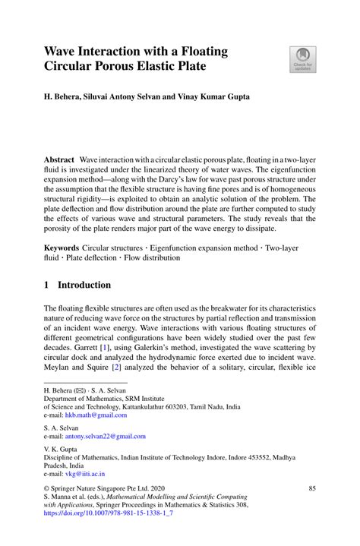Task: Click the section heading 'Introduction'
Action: point(85,285)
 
